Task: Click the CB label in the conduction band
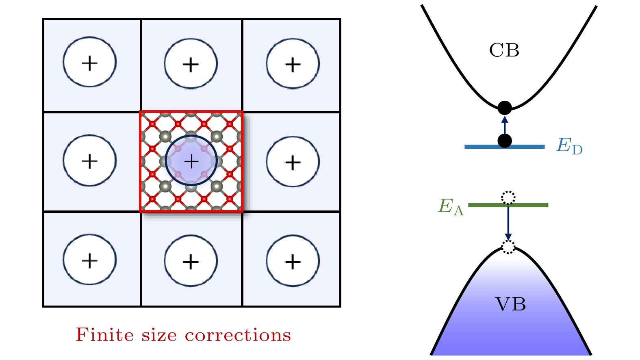(504, 50)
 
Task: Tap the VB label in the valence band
(510, 304)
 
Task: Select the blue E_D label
(569, 146)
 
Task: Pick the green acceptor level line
(528, 205)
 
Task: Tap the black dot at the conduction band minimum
(505, 108)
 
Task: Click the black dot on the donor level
(505, 141)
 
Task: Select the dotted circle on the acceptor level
(508, 198)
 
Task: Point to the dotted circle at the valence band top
(508, 247)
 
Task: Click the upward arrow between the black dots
(505, 125)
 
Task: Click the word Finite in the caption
(104, 335)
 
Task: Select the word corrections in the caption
(238, 336)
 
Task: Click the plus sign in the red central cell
(191, 162)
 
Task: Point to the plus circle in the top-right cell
(293, 63)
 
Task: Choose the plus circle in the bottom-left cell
(89, 260)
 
